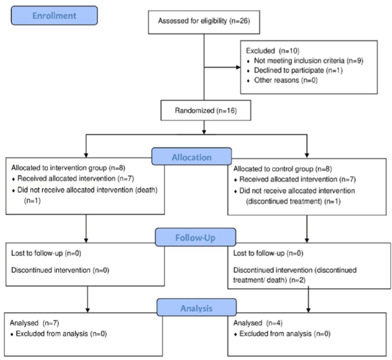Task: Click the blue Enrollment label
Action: coord(54,16)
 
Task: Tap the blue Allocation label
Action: coord(192,157)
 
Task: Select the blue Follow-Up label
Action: coord(195,237)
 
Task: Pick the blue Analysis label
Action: coord(197,308)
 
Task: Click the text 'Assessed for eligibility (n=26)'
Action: coord(204,21)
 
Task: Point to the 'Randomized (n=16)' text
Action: coord(205,111)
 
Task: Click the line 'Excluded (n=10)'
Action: coord(273,51)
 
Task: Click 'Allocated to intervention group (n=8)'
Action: coord(68,168)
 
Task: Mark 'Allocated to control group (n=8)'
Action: coord(283,169)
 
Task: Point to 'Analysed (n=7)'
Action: coord(35,323)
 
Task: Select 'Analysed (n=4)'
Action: coord(258,323)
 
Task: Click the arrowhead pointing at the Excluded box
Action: coord(238,67)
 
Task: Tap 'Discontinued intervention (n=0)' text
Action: coord(60,270)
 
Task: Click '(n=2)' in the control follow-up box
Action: coord(297,280)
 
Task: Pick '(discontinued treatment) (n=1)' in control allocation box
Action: coord(293,201)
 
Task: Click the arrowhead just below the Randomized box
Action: coord(204,132)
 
